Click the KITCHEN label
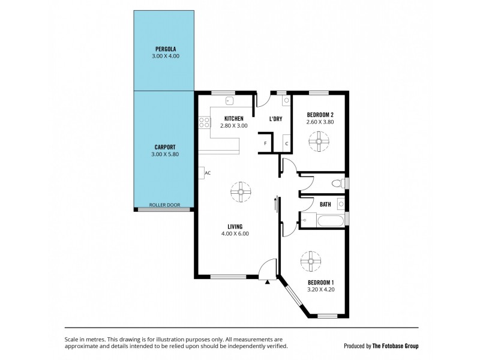(233, 118)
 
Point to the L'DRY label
(275, 119)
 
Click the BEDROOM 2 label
(320, 115)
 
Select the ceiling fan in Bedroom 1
(313, 260)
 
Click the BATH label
(325, 205)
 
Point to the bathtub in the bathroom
(329, 220)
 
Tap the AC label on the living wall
(208, 173)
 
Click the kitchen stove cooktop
(204, 123)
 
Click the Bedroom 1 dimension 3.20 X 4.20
(320, 289)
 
